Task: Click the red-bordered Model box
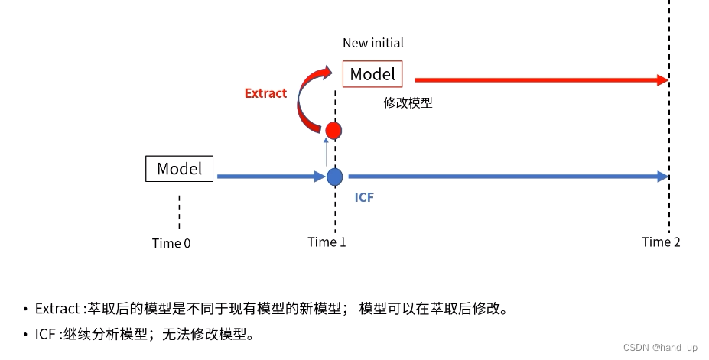coord(372,74)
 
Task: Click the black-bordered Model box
coord(179,169)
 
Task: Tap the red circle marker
coord(333,131)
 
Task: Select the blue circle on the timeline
coord(334,177)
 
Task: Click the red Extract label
coord(265,93)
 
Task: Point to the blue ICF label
coord(364,197)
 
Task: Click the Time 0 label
coord(171,243)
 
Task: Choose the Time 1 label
coord(327,242)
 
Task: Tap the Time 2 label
coord(661,242)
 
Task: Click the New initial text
coord(372,43)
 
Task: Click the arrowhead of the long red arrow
coord(660,79)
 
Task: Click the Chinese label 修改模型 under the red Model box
coord(408,102)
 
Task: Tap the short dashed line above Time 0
coord(179,211)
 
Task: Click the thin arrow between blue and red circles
coord(327,154)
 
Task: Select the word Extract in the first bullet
coord(57,309)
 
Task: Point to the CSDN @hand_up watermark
coord(660,348)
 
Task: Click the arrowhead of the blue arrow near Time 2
coord(662,177)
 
